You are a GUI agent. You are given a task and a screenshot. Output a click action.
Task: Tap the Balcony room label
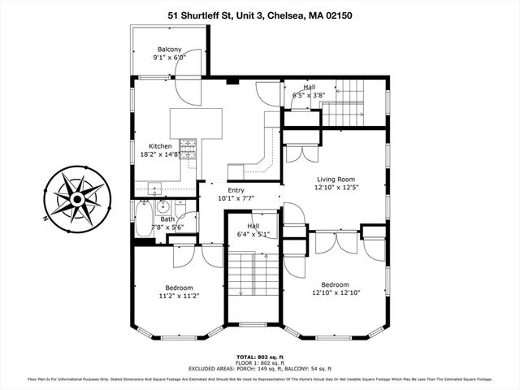[x=170, y=50]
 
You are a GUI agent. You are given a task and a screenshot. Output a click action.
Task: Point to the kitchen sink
[x=154, y=188]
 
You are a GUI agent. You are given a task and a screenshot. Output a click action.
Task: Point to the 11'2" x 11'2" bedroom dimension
[x=179, y=297]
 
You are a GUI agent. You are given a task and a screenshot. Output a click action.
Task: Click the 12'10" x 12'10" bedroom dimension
[x=336, y=292]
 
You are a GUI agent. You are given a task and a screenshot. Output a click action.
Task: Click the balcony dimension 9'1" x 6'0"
[x=170, y=58]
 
